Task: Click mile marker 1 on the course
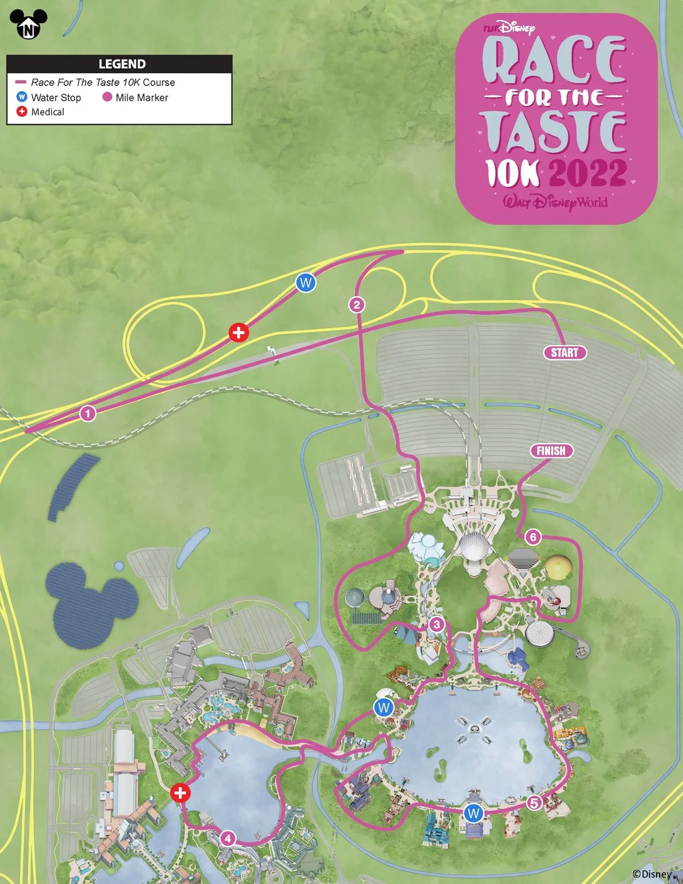(87, 413)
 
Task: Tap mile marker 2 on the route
(357, 304)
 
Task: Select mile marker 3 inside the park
(437, 624)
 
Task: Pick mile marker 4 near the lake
(227, 839)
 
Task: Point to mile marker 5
(534, 803)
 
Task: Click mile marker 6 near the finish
(533, 537)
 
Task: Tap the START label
(565, 352)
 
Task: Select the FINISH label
(551, 451)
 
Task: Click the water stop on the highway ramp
(306, 282)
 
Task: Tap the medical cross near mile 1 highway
(238, 332)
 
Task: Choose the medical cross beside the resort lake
(180, 793)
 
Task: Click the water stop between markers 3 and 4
(384, 707)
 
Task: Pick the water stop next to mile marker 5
(473, 813)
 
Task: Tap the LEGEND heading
(122, 64)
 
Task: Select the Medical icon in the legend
(22, 111)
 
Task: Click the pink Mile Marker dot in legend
(107, 97)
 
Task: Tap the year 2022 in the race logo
(587, 173)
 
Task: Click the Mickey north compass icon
(29, 25)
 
